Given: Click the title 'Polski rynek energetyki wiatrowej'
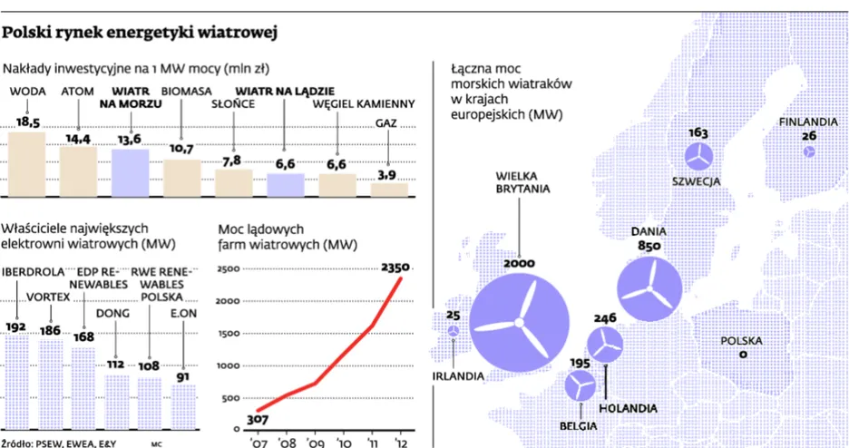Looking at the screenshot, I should (x=140, y=34).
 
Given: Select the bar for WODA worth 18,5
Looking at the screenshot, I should (x=27, y=164).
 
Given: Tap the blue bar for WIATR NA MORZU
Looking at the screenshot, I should (x=131, y=173).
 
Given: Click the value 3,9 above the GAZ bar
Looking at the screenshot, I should (x=387, y=174).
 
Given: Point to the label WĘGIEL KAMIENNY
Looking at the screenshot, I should (x=363, y=104).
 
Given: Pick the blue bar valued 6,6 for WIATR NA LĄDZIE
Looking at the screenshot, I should (x=285, y=185).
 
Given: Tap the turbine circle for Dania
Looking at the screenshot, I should (x=650, y=288).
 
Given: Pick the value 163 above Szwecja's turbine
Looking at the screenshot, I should (x=698, y=132).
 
